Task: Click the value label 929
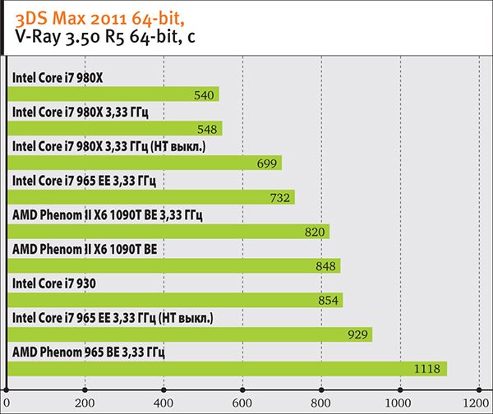pos(355,335)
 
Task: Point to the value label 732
pos(279,198)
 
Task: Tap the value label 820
pos(314,232)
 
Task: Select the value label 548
pos(207,130)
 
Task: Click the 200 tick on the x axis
pos(85,402)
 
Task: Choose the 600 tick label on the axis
pos(242,402)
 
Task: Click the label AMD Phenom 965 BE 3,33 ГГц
pos(90,352)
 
